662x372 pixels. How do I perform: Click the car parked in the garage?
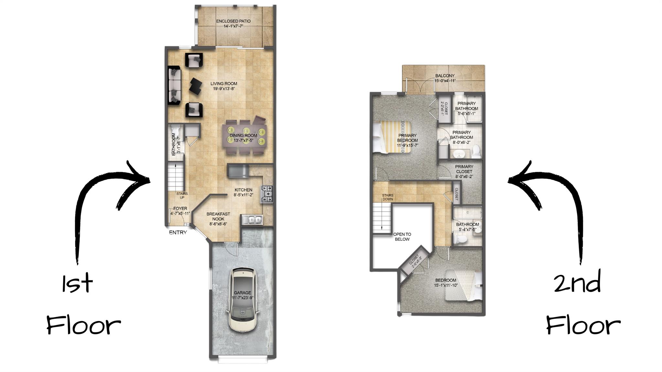point(243,299)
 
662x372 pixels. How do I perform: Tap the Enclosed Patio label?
point(233,21)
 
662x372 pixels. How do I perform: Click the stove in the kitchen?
point(267,194)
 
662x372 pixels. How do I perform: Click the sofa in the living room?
point(175,85)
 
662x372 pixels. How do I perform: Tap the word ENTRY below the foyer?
point(178,233)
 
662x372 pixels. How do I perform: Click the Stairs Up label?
point(182,195)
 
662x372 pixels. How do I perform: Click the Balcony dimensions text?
point(445,81)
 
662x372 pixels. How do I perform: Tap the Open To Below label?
point(402,236)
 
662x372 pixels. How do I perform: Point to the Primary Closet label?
point(464,171)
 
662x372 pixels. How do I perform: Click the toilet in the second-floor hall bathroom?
point(460,239)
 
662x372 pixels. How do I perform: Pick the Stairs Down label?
point(388,197)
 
